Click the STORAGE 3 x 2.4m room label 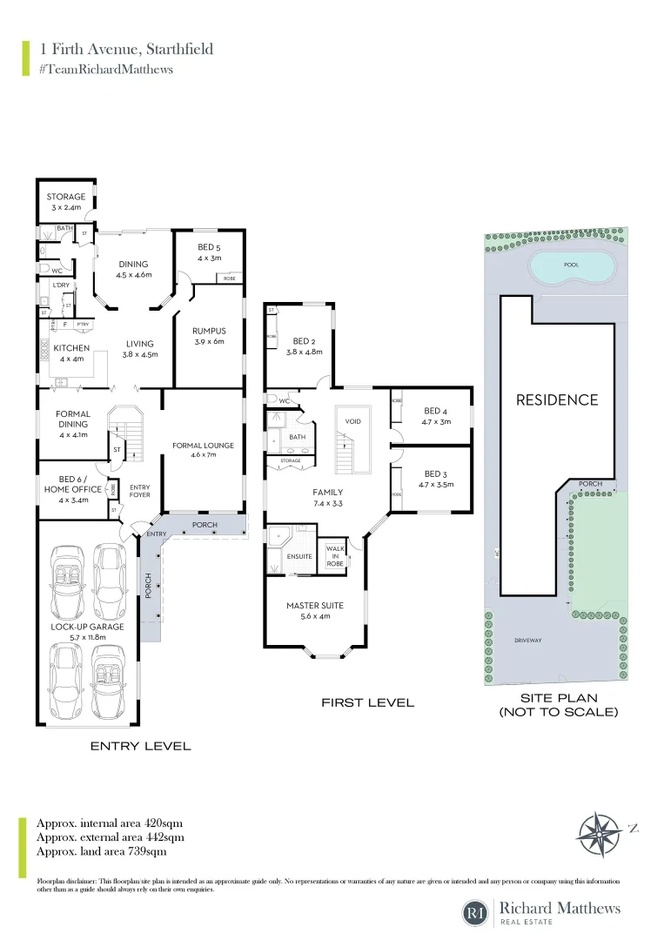coord(66,202)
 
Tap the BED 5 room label coord(209,252)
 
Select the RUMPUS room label coord(209,336)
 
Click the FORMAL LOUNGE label coord(203,450)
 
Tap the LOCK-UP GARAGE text coord(87,632)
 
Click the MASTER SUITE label coord(315,611)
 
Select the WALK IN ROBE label coord(335,556)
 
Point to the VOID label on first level coord(353,421)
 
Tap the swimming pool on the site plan coord(571,267)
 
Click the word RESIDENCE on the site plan coord(557,400)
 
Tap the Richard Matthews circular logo coord(476,914)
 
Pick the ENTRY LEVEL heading coord(141,746)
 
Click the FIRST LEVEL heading coord(367,702)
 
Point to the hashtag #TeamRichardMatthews coord(105,69)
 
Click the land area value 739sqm coord(148,851)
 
